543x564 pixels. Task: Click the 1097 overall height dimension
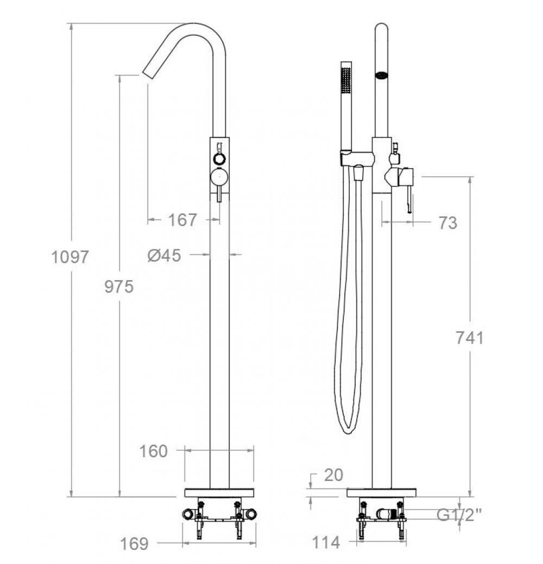[70, 256]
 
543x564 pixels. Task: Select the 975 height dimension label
[119, 286]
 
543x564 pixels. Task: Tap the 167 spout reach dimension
[182, 220]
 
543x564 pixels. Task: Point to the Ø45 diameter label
[164, 255]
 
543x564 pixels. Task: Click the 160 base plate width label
[154, 451]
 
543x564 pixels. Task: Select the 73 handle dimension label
[448, 223]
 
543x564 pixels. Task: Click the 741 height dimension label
[470, 338]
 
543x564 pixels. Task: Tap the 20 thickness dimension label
[333, 475]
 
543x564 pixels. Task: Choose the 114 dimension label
[326, 542]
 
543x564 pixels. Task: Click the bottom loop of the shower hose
[348, 429]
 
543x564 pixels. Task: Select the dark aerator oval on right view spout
[382, 75]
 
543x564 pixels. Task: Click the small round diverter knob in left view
[219, 159]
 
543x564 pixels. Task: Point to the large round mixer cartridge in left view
[219, 177]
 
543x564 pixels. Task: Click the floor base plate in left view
[219, 492]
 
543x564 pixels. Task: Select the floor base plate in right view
[382, 492]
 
